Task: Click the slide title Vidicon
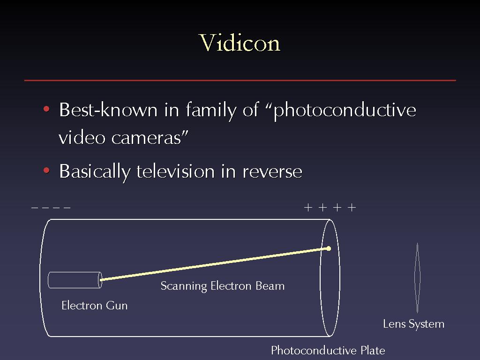click(x=240, y=43)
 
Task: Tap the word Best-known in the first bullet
click(x=108, y=110)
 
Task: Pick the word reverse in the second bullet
click(x=272, y=172)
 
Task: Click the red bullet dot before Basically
click(x=46, y=170)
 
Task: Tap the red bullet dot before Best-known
click(x=46, y=109)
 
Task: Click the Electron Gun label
click(x=95, y=306)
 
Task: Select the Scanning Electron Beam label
click(x=223, y=286)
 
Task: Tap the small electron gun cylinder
click(x=75, y=280)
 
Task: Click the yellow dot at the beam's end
click(x=329, y=248)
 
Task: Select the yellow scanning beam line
click(x=214, y=264)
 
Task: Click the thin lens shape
click(x=417, y=277)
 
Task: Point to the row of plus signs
click(x=330, y=208)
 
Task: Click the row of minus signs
click(x=51, y=208)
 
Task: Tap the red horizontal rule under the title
click(x=240, y=80)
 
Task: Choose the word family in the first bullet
click(x=211, y=110)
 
